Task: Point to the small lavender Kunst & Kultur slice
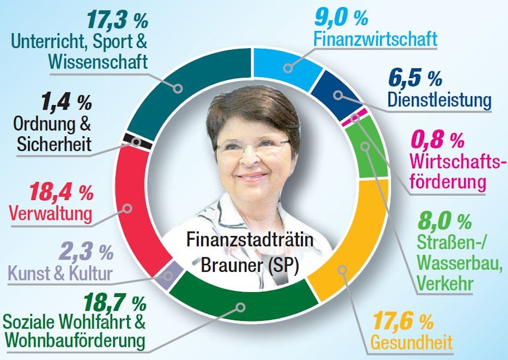pos(171,275)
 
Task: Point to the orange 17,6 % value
pos(403,321)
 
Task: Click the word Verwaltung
pos(50,212)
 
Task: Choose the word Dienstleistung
pos(439,99)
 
